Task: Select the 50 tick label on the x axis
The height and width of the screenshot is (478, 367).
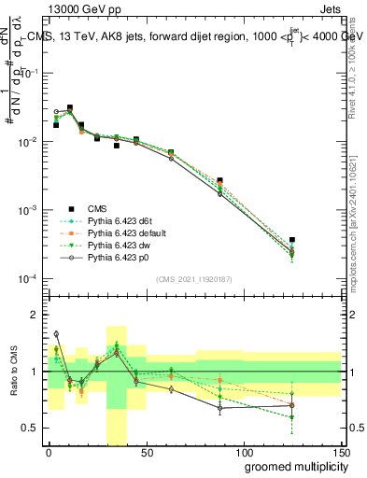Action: (145, 452)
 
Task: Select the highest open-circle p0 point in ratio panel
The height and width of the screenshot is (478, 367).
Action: (56, 333)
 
